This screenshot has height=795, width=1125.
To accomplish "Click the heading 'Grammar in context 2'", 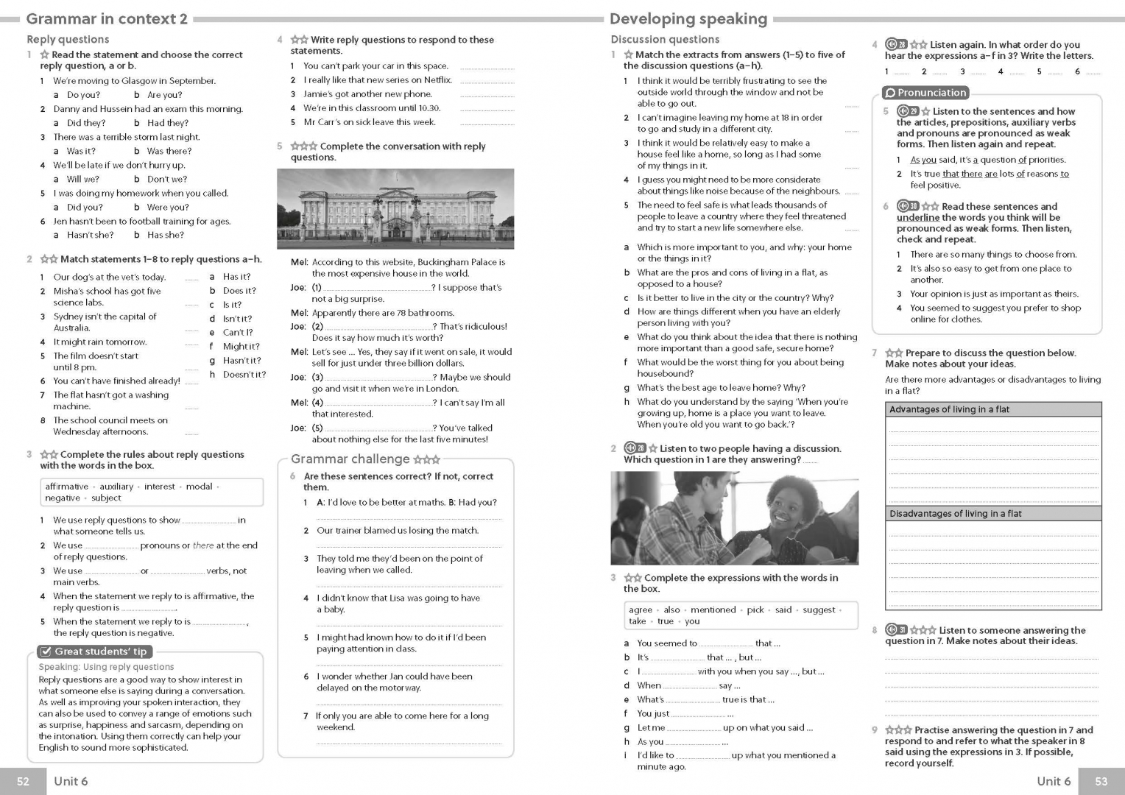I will (107, 19).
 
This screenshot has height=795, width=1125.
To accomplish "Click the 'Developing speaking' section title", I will (688, 19).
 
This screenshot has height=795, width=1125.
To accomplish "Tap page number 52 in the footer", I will (23, 781).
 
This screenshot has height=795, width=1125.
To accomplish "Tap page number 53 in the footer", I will (1101, 781).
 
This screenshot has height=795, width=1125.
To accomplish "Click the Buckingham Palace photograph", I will (395, 208).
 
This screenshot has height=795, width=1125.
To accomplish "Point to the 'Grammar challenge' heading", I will (350, 459).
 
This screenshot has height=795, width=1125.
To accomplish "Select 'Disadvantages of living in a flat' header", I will (955, 514).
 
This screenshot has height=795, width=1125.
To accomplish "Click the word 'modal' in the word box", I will (199, 487).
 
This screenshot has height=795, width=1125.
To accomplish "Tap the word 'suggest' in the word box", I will (819, 610).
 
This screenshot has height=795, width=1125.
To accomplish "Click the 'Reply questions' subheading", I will (68, 40).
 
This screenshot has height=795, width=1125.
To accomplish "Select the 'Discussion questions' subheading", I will (665, 40).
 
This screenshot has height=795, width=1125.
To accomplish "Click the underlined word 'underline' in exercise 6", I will (917, 218).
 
